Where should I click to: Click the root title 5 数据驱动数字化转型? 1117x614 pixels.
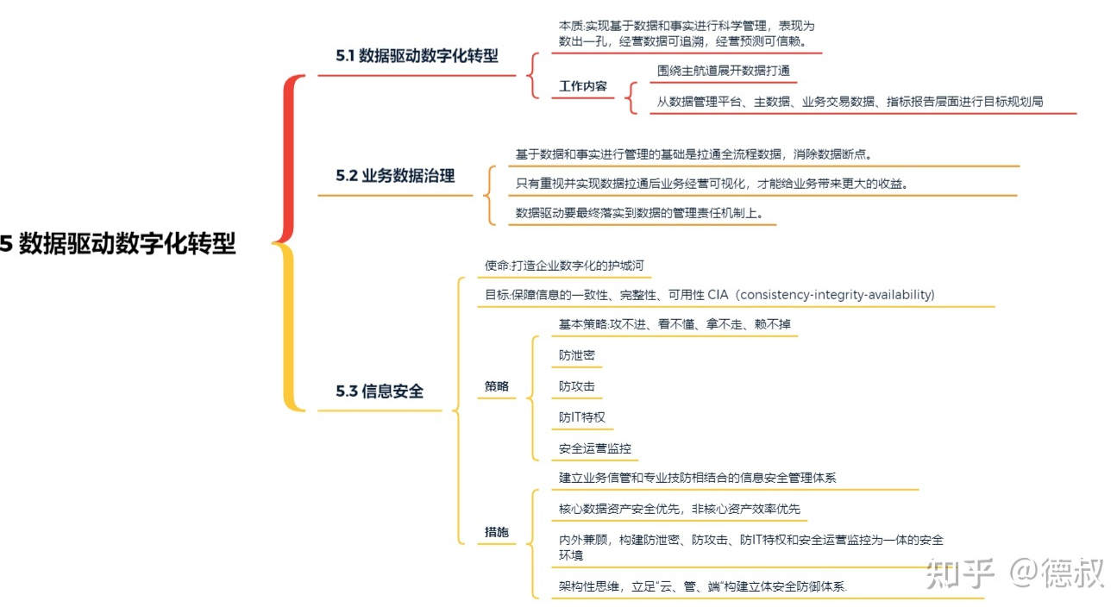117,244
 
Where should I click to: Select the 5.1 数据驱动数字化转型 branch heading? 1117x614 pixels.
417,56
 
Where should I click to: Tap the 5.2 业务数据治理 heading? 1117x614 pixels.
395,175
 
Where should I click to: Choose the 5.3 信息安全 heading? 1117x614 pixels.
380,392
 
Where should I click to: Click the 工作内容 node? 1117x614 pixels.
582,86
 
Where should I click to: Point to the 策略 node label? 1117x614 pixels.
496,386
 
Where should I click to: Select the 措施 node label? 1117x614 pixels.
496,532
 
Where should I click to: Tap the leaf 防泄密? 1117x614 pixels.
576,355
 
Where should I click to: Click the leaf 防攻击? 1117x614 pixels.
576,386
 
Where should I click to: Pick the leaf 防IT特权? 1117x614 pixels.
581,417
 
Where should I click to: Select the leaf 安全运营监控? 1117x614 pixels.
594,448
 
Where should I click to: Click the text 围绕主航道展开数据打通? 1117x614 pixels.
723,71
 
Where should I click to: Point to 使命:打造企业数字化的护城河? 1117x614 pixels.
564,266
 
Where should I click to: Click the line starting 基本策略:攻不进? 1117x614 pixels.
675,324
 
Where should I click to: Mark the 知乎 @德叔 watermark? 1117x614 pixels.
1014,573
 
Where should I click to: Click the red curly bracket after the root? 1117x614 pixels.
288,159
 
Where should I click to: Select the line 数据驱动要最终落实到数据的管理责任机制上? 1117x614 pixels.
639,213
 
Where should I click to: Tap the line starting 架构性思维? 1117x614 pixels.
702,586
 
